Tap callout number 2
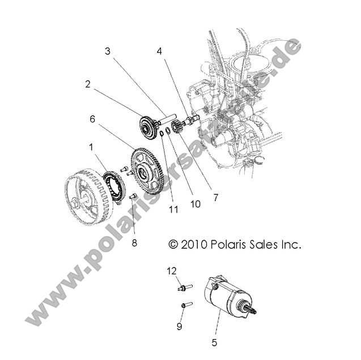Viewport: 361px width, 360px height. [88, 84]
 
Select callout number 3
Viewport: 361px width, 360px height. [108, 51]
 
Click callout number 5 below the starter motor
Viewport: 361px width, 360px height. [214, 342]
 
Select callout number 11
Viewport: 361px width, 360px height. [173, 209]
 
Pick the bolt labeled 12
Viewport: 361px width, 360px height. [184, 287]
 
